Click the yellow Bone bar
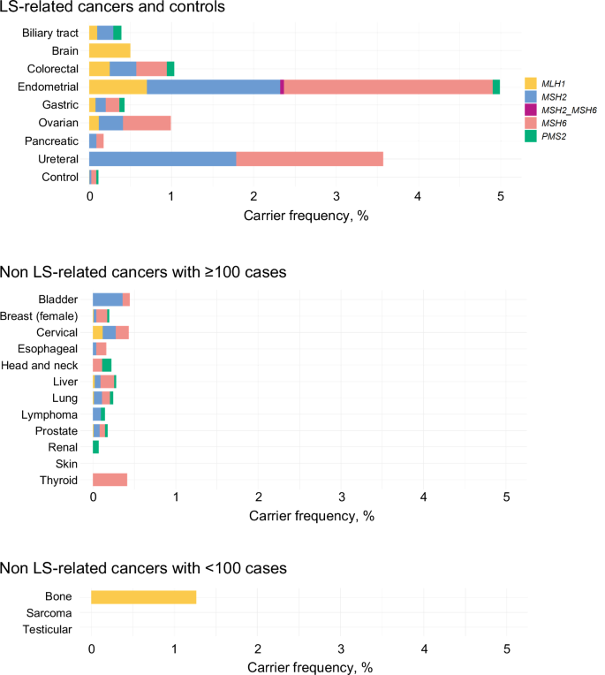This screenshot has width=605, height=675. pyautogui.click(x=143, y=596)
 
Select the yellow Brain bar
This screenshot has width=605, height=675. pyautogui.click(x=110, y=50)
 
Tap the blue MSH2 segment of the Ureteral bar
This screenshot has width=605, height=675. pyautogui.click(x=163, y=159)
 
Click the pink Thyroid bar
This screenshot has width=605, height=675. pyautogui.click(x=110, y=480)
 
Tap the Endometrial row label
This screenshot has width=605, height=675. pyautogui.click(x=51, y=87)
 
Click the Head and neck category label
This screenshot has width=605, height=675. pyautogui.click(x=49, y=364)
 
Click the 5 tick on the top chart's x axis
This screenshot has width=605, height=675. pyautogui.click(x=501, y=195)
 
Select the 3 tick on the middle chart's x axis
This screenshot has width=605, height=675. pyautogui.click(x=341, y=498)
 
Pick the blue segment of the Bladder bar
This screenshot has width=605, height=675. pyautogui.click(x=108, y=300)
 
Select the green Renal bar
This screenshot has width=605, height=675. pyautogui.click(x=95, y=447)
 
